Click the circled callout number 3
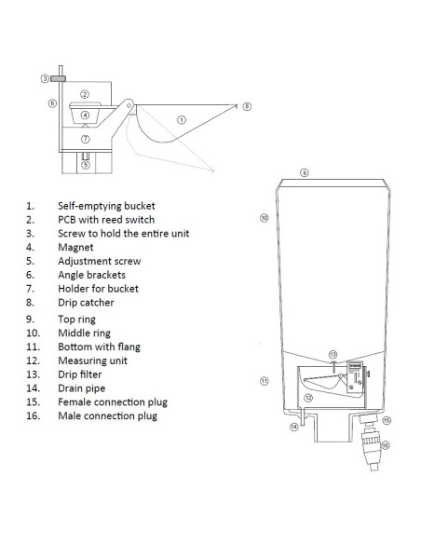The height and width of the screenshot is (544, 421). [45, 79]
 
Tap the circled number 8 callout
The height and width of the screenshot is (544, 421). [247, 106]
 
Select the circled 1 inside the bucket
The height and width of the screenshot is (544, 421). [182, 120]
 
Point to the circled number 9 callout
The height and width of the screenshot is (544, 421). [305, 172]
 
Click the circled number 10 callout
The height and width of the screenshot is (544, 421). [265, 218]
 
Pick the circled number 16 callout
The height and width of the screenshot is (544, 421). [386, 445]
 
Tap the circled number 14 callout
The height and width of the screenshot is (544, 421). [294, 427]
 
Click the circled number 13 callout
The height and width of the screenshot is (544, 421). [333, 354]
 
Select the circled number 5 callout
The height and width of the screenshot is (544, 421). [86, 165]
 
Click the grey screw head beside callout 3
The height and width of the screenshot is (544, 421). [58, 79]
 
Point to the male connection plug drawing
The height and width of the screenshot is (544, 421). [373, 448]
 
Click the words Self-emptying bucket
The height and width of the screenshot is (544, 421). [106, 206]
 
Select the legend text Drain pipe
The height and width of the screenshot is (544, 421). [81, 388]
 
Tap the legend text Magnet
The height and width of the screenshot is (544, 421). [75, 248]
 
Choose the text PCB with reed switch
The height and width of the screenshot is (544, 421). [106, 220]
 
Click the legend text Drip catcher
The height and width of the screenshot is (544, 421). [86, 303]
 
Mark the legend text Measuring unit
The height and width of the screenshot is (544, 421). [92, 360]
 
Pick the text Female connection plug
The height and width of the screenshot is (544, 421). [113, 402]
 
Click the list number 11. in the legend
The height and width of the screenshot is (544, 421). [33, 347]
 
